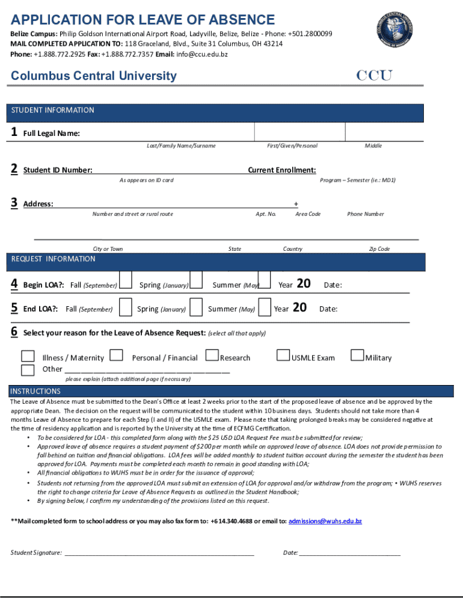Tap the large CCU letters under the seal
click(x=374, y=76)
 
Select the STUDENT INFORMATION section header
click(x=52, y=110)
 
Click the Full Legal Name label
click(x=51, y=134)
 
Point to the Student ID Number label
click(x=58, y=170)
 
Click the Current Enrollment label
click(x=282, y=170)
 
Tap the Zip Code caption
click(x=379, y=249)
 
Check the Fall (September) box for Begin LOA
click(x=126, y=280)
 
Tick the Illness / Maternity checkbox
click(x=28, y=356)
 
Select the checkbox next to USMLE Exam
click(x=283, y=356)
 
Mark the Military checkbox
click(x=357, y=356)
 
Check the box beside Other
click(x=28, y=370)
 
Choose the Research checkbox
click(x=212, y=356)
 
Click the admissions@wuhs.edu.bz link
click(x=325, y=521)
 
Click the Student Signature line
click(x=159, y=552)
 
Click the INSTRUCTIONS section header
click(x=35, y=391)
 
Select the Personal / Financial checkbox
click(x=117, y=356)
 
